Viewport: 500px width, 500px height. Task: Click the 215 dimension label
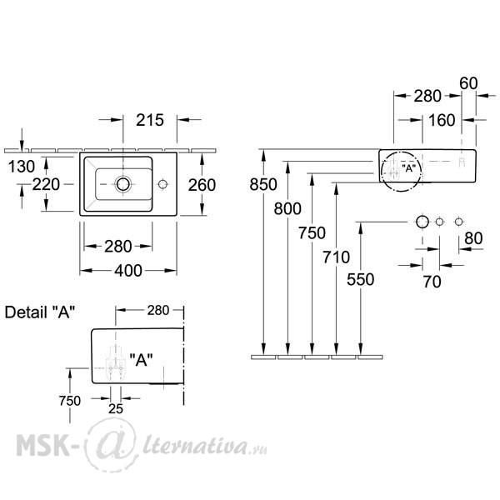[150, 120]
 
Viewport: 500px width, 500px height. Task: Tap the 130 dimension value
[22, 167]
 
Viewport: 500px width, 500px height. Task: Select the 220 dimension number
[46, 185]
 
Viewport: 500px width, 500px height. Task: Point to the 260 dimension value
[202, 185]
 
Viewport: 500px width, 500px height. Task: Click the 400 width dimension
[128, 271]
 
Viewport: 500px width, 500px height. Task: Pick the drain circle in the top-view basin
[123, 184]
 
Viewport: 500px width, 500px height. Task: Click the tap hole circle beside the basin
[162, 184]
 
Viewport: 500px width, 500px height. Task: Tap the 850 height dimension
[263, 185]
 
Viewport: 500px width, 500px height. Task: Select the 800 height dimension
[287, 209]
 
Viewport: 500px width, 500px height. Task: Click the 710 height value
[336, 257]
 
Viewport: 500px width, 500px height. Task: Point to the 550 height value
[360, 280]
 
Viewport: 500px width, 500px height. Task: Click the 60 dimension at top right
[468, 83]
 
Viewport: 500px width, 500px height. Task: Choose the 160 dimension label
[442, 120]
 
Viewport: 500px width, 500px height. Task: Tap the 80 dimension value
[473, 238]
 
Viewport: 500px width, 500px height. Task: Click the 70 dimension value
[432, 282]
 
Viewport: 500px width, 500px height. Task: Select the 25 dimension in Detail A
[116, 409]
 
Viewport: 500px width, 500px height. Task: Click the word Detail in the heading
[26, 312]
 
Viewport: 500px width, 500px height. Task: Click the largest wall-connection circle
[422, 222]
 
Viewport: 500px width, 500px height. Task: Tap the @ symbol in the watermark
[112, 445]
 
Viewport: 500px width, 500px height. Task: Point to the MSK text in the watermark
[42, 445]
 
